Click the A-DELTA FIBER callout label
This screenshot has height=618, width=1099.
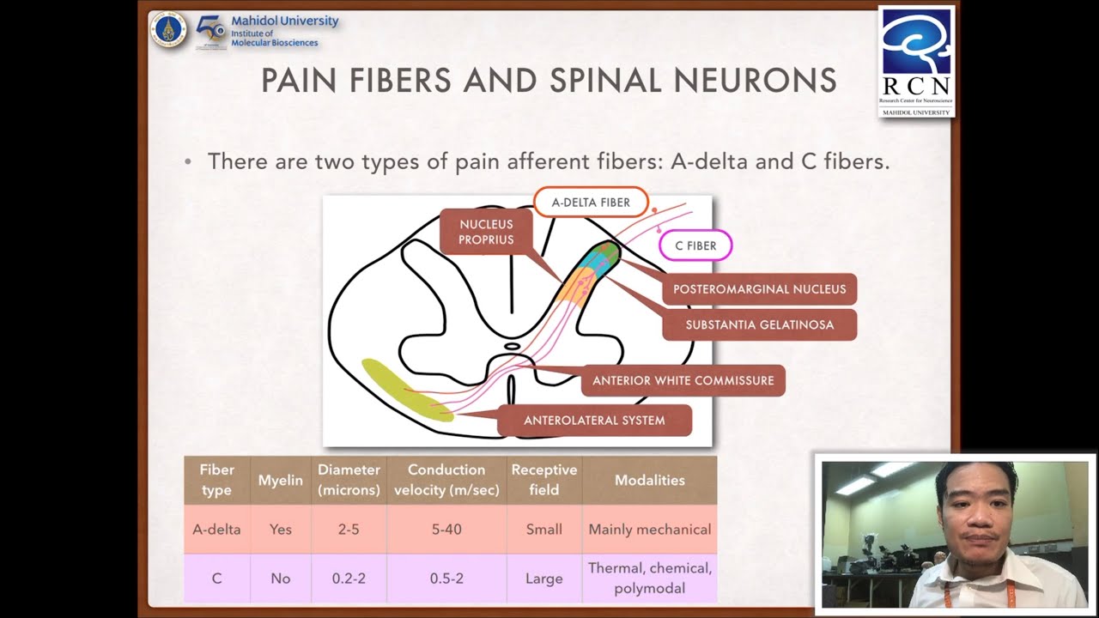(x=591, y=203)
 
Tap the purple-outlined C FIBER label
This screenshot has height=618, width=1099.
(x=695, y=245)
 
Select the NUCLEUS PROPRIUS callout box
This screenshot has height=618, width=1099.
(x=486, y=232)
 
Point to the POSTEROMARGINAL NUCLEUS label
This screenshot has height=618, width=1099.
(x=759, y=289)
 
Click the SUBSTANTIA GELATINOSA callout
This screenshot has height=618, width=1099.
(x=759, y=325)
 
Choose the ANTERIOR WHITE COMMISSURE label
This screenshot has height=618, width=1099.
(x=683, y=380)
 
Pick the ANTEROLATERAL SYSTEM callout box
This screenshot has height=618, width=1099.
(x=594, y=421)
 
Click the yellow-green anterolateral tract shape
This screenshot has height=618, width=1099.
(x=405, y=391)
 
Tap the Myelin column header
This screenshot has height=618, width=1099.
(x=281, y=481)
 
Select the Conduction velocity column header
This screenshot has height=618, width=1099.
(x=446, y=480)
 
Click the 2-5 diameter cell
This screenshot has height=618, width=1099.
(x=349, y=530)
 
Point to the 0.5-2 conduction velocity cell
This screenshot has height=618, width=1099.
(x=446, y=579)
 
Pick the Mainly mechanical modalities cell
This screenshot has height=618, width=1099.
(x=649, y=530)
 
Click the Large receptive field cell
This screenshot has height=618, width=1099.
(x=543, y=579)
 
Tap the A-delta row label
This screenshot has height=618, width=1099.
(x=216, y=530)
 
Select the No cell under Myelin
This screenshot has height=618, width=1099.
(x=281, y=579)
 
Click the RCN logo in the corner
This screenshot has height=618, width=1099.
(x=916, y=60)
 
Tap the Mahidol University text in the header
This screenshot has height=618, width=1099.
(x=284, y=21)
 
